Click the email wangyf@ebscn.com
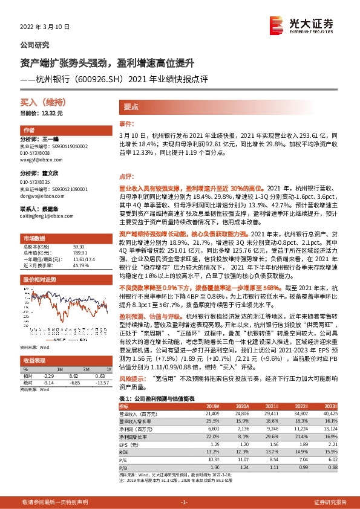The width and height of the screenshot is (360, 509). (x=37, y=160)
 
